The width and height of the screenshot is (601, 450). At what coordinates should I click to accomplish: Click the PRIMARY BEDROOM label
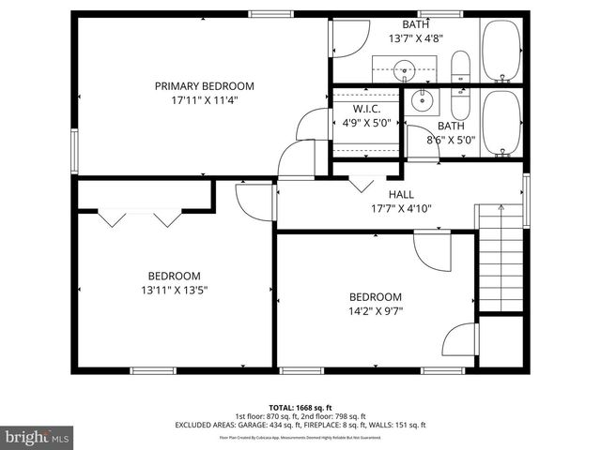coord(204,86)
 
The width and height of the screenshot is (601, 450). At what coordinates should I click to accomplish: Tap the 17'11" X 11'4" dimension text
coord(204,100)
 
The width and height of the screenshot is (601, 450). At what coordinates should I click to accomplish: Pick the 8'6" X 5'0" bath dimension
coord(451,141)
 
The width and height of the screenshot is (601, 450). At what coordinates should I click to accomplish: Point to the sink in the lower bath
coord(420,100)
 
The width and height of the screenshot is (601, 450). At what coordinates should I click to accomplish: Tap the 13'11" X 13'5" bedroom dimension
coord(175,291)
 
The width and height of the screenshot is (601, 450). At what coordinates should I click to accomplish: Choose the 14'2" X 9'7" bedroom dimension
coord(376,311)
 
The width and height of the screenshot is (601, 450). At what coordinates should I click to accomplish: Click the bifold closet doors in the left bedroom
coord(140,217)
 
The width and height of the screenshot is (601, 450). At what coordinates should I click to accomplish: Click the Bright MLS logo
coord(38,437)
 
